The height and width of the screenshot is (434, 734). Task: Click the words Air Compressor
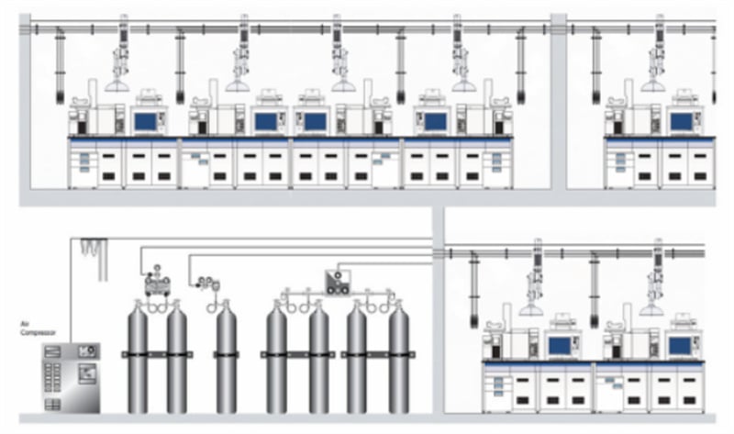tap(38, 328)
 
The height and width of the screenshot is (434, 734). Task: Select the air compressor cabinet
tap(72, 378)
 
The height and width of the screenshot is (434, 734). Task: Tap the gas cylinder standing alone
tap(226, 357)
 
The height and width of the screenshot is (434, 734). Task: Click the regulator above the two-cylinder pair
tap(157, 280)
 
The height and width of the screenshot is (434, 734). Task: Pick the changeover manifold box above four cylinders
tap(338, 283)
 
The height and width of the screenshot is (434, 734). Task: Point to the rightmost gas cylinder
tap(398, 357)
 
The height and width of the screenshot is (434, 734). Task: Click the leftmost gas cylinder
tap(138, 357)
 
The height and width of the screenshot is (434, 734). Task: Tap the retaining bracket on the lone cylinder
tap(226, 355)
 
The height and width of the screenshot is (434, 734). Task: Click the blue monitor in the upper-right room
tap(681, 121)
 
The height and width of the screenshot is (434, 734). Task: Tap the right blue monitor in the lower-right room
tap(680, 346)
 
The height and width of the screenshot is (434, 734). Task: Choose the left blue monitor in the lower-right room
tap(560, 346)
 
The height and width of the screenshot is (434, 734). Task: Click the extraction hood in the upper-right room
tap(653, 85)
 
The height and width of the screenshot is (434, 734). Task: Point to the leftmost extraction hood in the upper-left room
tap(117, 85)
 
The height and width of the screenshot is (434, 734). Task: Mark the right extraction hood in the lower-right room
tap(651, 310)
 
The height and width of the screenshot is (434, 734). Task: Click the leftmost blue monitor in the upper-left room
tap(145, 121)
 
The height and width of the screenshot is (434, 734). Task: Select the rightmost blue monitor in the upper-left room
tap(435, 121)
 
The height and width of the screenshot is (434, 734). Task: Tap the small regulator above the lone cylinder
tap(208, 284)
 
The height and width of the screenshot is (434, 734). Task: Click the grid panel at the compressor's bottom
tap(52, 404)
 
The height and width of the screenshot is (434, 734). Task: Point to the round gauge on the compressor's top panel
tap(91, 350)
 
